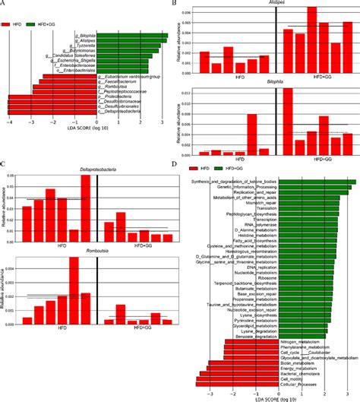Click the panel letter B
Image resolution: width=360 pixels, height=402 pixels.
click(175, 5)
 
